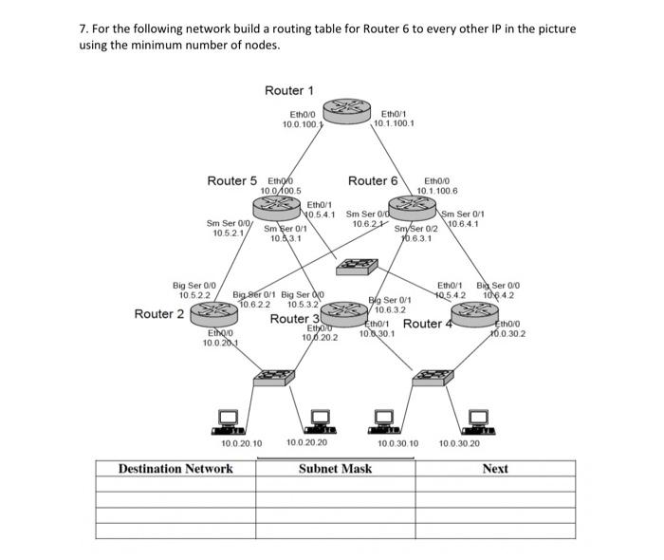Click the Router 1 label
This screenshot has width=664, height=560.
coord(289,90)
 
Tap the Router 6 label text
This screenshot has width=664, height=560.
coord(373,180)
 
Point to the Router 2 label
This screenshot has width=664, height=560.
coord(159,314)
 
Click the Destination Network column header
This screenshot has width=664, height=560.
coord(175,469)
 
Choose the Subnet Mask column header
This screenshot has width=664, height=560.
coord(336,469)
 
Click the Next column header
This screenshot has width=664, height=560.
coord(494,469)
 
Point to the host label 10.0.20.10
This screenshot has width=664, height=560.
coord(241,443)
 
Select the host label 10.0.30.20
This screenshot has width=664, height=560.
coord(460,443)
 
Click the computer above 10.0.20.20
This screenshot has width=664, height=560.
coord(321,419)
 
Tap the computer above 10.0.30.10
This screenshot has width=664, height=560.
coord(383,419)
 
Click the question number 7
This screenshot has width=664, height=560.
coord(82,28)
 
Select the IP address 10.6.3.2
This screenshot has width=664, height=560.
coord(391,309)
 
